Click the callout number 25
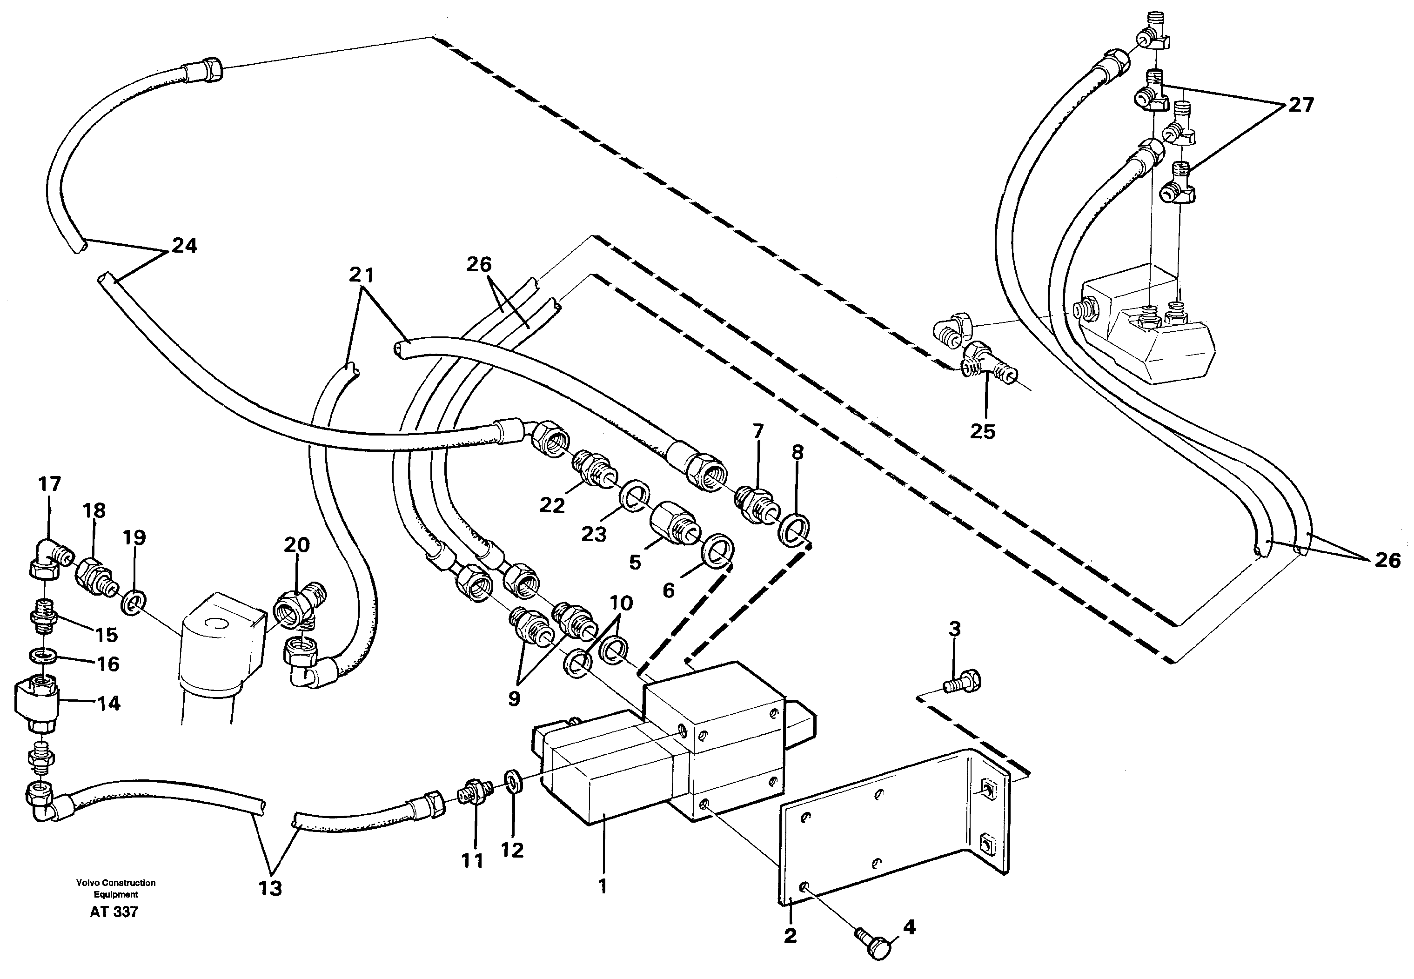tap(982, 431)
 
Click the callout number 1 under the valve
tap(603, 886)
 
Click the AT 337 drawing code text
tap(114, 912)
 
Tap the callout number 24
tap(184, 246)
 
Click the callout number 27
tap(1300, 105)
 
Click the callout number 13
tap(270, 888)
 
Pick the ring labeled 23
tap(631, 496)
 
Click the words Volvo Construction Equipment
tap(116, 888)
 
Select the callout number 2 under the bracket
tap(790, 936)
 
